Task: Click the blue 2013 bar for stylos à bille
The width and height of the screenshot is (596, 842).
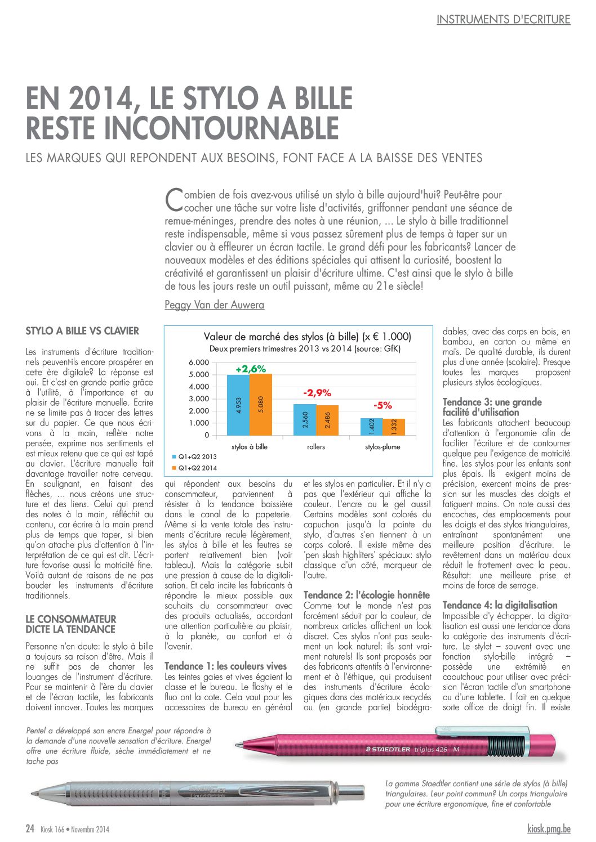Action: pyautogui.click(x=238, y=405)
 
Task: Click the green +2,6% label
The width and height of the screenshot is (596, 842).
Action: pyautogui.click(x=251, y=369)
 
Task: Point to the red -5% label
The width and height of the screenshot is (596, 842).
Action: pyautogui.click(x=382, y=405)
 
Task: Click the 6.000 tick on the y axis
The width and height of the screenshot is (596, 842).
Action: pyautogui.click(x=199, y=362)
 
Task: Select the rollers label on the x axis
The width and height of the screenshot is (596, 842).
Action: pyautogui.click(x=316, y=447)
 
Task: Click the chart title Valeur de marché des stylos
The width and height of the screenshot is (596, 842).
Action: pyautogui.click(x=307, y=337)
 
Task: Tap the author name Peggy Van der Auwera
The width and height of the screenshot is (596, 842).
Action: pyautogui.click(x=214, y=305)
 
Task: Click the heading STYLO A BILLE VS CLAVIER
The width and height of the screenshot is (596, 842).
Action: pyautogui.click(x=82, y=331)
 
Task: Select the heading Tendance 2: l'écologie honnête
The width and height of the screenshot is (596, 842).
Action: pyautogui.click(x=366, y=595)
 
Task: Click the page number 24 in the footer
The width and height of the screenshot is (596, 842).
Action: pyautogui.click(x=30, y=828)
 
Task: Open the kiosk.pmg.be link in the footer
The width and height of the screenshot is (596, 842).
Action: pyautogui.click(x=549, y=828)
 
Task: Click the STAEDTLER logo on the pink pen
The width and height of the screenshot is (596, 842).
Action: pyautogui.click(x=389, y=749)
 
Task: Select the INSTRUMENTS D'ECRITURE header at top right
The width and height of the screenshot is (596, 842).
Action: pyautogui.click(x=503, y=19)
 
